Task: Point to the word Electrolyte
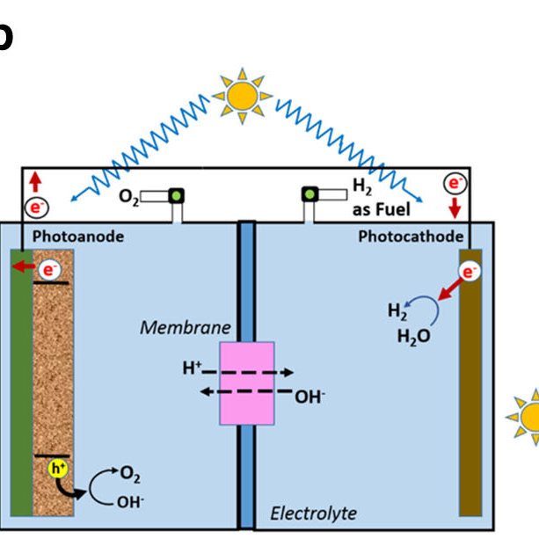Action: (313, 513)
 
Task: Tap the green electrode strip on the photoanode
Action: (20, 387)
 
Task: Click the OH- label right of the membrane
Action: (310, 397)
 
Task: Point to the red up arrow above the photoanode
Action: (34, 183)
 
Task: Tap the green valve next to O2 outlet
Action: (176, 195)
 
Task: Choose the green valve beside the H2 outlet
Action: (310, 194)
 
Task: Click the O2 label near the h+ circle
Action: (130, 476)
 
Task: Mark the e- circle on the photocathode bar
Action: (470, 272)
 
